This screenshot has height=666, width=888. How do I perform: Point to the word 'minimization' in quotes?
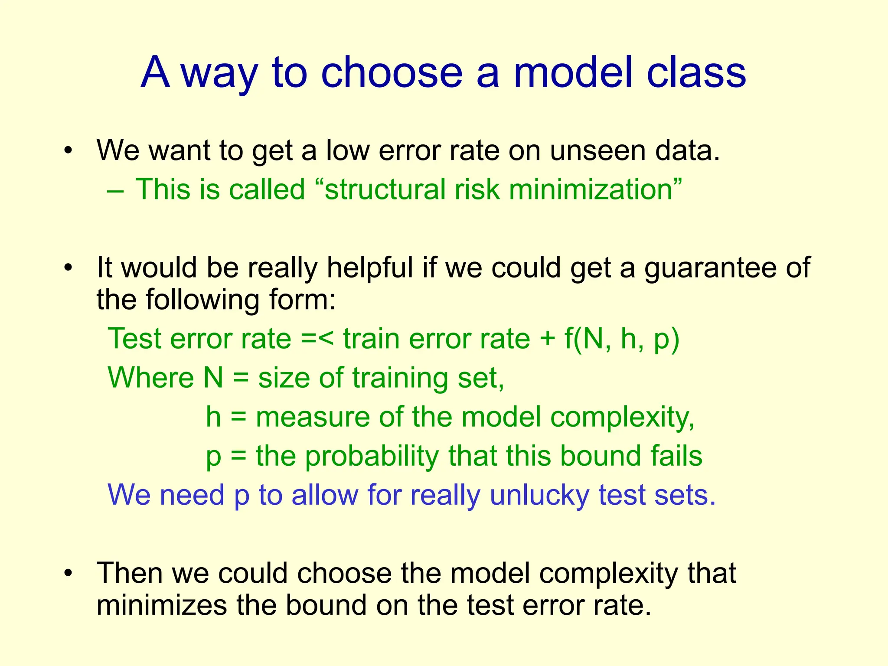tap(591, 189)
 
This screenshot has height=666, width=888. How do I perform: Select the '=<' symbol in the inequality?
tap(317, 338)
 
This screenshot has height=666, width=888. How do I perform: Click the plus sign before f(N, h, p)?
tap(548, 339)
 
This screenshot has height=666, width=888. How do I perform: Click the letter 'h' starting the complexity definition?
tap(213, 417)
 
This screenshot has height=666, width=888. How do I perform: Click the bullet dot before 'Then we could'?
tap(68, 573)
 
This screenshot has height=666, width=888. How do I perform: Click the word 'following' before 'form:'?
tap(202, 300)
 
